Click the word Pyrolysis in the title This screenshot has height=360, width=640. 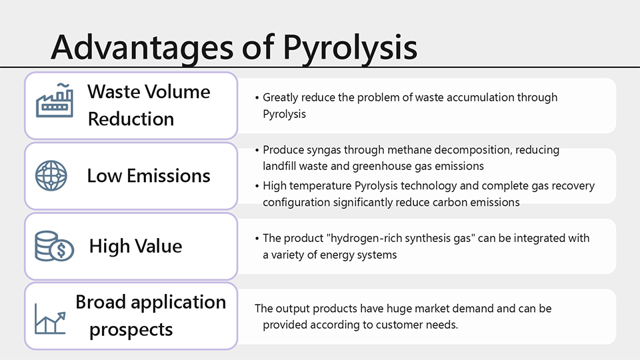tap(350, 48)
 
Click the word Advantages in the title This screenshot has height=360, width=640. tap(142, 47)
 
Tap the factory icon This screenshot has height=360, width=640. tap(54, 101)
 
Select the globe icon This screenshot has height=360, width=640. tap(51, 176)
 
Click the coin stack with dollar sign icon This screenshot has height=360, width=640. tap(54, 246)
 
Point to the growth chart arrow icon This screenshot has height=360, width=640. tap(50, 319)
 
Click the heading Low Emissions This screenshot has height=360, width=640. tap(149, 176)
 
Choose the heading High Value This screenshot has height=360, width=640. tap(135, 246)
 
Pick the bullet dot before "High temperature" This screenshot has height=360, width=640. tap(257, 187)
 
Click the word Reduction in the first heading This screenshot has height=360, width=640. tap(131, 119)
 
